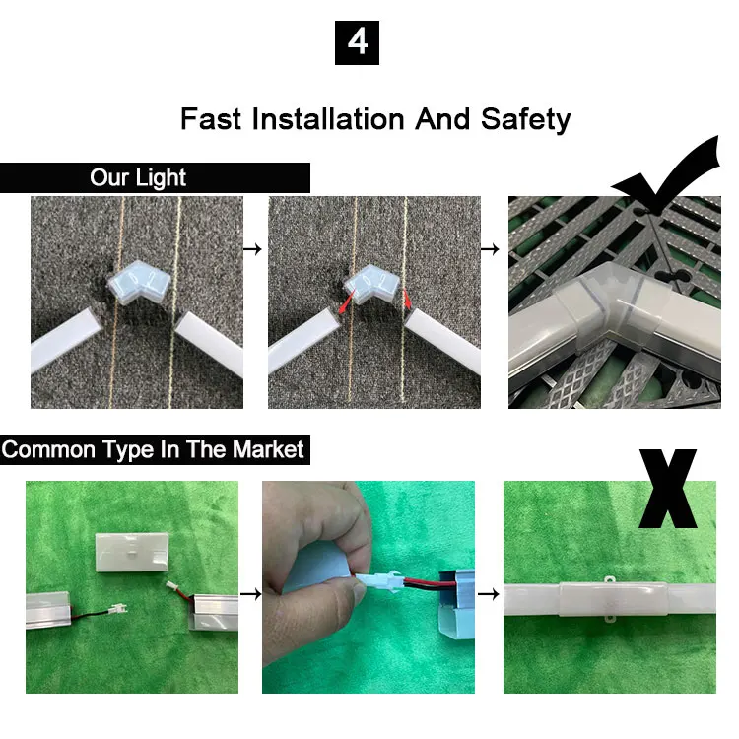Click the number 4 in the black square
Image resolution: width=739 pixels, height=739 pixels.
pos(357,42)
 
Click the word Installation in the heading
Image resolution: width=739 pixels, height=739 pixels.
pos(328,119)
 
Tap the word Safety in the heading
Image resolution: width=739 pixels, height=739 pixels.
pos(525,120)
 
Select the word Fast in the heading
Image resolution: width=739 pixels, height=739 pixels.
pos(211,119)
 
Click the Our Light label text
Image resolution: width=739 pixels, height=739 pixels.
pos(138,178)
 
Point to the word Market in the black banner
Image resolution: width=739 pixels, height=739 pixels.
pos(268,449)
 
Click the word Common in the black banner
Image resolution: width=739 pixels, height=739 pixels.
pos(48,449)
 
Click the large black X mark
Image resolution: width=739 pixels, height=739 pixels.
pos(667,489)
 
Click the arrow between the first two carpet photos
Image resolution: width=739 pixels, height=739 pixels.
pos(252,249)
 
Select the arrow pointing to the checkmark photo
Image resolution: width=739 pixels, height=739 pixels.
pos(490,249)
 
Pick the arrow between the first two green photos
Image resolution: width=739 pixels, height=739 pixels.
pos(250,593)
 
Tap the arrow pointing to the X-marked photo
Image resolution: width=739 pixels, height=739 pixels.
pos(489,593)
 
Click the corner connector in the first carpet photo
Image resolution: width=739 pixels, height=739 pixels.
pos(135,282)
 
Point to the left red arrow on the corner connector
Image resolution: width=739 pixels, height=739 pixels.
pos(347,302)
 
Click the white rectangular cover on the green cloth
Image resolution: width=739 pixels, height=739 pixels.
pos(132,552)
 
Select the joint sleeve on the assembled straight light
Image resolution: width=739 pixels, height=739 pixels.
pos(613,599)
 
